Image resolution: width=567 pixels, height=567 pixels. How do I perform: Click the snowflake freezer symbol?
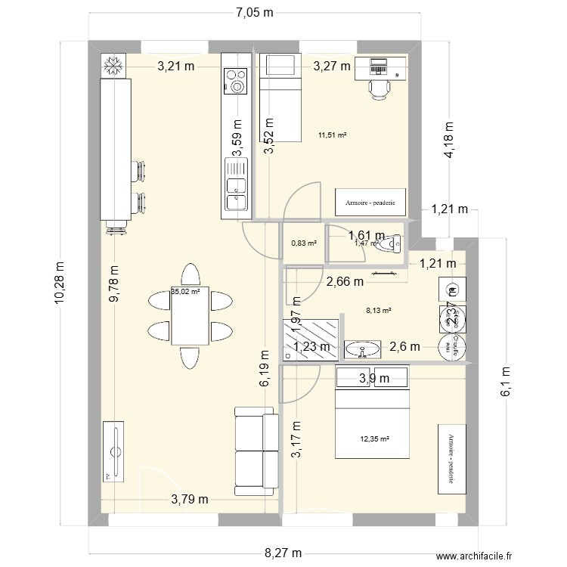pos(113,66)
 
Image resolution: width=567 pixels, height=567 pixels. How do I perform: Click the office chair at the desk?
pos(380,88)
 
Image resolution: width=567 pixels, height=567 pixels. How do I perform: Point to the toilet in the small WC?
pos(390,244)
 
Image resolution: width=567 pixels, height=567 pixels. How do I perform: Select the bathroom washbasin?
pos(365,350)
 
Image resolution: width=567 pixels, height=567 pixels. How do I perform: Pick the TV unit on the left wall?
pos(115,452)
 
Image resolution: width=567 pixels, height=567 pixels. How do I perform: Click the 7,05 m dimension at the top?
pos(254,12)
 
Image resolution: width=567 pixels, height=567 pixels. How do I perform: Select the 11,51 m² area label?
pos(333,135)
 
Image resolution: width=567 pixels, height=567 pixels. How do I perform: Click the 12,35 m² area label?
pos(375,438)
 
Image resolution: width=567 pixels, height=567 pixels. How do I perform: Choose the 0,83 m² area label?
pos(303,243)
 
